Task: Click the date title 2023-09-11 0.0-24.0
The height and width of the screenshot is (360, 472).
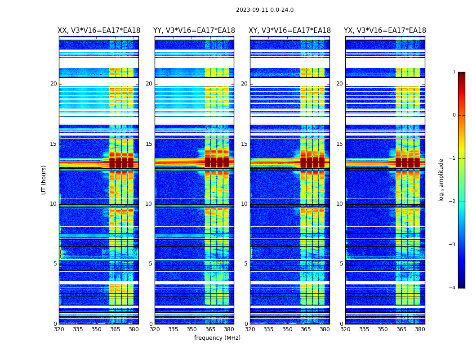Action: [265, 10]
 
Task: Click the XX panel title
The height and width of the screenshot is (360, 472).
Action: [99, 31]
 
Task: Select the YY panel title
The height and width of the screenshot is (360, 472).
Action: [194, 31]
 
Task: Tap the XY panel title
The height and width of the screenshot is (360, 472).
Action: [289, 31]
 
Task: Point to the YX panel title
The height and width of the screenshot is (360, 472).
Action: [385, 31]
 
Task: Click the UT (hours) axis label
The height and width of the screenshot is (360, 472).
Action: [44, 180]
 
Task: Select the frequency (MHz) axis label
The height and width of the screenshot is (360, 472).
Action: [217, 338]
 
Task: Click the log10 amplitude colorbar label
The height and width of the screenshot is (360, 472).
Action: [441, 180]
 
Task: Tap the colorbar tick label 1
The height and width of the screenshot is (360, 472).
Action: [454, 72]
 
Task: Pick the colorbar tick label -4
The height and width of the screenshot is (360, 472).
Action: [453, 288]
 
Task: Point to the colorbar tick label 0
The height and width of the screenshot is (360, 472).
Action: [454, 115]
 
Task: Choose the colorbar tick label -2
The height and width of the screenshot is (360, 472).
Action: [453, 202]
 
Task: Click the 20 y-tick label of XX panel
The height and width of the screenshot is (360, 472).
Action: [53, 84]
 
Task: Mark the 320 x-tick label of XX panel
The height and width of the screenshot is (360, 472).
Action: [59, 329]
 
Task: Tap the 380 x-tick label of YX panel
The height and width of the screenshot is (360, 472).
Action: [420, 329]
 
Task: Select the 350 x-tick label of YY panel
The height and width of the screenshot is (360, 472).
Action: [192, 329]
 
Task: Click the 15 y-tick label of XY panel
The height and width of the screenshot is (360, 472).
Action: [244, 144]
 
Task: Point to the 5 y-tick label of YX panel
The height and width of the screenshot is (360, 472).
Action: [341, 264]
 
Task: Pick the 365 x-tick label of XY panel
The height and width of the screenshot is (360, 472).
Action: [306, 329]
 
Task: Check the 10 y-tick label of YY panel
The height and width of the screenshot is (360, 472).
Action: [149, 204]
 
